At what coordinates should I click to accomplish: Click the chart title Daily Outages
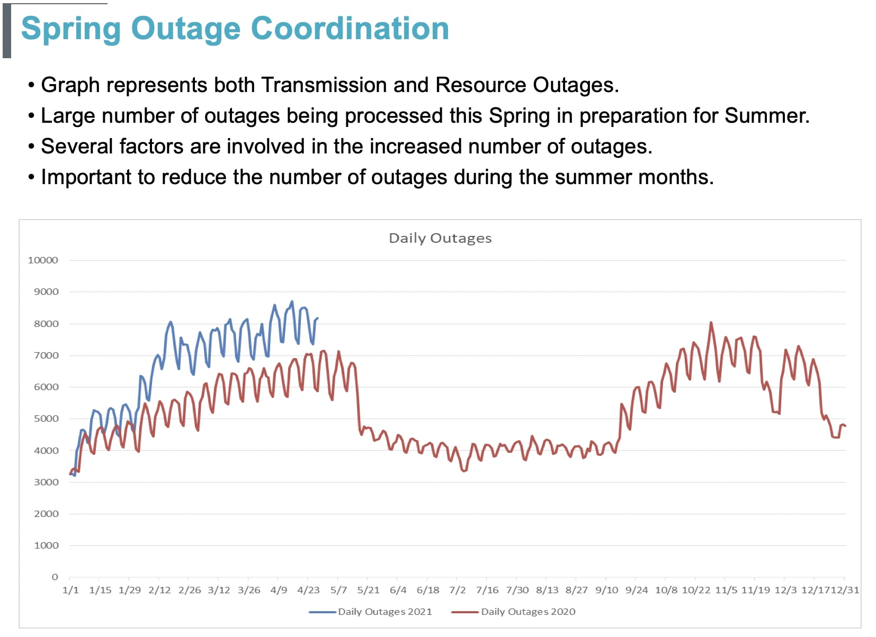(440, 238)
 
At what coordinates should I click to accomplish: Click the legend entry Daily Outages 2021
(385, 612)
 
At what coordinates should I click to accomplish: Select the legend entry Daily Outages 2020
(528, 612)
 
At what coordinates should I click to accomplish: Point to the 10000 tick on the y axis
(43, 260)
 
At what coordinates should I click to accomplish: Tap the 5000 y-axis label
(46, 418)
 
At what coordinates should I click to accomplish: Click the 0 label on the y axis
(55, 577)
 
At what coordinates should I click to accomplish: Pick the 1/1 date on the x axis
(70, 590)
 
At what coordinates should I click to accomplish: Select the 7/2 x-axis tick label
(457, 590)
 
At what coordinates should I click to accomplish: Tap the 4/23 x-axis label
(308, 590)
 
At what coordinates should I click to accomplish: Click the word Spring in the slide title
(70, 29)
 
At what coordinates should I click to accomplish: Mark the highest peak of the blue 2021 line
(292, 302)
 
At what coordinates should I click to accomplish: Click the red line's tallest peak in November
(711, 322)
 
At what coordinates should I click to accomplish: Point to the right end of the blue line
(317, 318)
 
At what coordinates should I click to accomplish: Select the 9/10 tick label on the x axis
(606, 590)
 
